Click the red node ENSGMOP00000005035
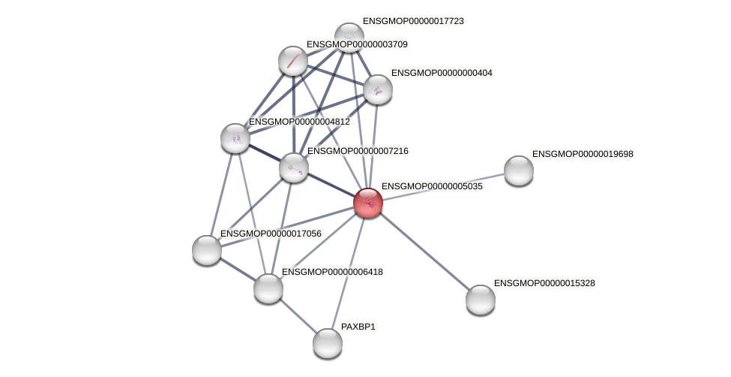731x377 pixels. (x=367, y=203)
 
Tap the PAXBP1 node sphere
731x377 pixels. (x=328, y=343)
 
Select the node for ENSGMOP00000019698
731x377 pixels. (x=519, y=170)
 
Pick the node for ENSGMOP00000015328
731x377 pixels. (x=481, y=300)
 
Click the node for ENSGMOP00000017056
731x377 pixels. (x=207, y=250)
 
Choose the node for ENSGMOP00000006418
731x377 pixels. (x=268, y=288)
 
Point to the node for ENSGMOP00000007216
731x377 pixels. (x=294, y=167)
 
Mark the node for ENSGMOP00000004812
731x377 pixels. (x=235, y=138)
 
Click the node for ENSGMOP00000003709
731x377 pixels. (x=292, y=61)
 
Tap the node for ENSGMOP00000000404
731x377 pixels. (x=378, y=89)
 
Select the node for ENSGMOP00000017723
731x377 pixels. (x=349, y=36)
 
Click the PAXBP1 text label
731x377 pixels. (x=358, y=327)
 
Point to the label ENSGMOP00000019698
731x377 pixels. (x=583, y=154)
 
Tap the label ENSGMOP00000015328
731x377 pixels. (x=545, y=283)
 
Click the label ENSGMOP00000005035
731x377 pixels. (x=432, y=185)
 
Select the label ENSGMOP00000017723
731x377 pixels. (x=414, y=21)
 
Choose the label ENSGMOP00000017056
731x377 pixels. (x=271, y=234)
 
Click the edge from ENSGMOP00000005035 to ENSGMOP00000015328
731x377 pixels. (x=424, y=251)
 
